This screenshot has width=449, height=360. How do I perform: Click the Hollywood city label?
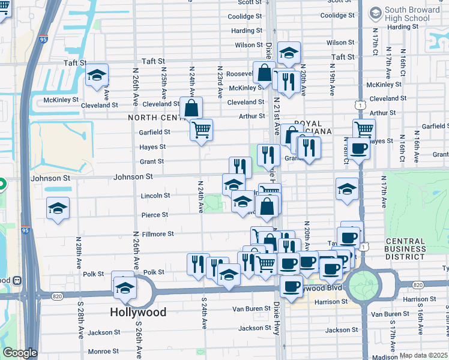click(x=138, y=312)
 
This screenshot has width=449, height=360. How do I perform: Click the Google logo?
click(x=20, y=353)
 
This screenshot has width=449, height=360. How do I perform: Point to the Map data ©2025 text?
click(x=424, y=355)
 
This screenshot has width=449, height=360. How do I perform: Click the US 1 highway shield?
click(x=360, y=104)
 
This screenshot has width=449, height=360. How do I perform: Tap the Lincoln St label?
click(x=155, y=196)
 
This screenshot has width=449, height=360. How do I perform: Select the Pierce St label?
click(x=154, y=215)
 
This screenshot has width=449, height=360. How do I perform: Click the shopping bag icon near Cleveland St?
click(x=191, y=108)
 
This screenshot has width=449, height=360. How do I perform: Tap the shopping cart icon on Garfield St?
click(x=201, y=130)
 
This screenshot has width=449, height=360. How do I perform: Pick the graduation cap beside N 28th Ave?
click(x=58, y=208)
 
